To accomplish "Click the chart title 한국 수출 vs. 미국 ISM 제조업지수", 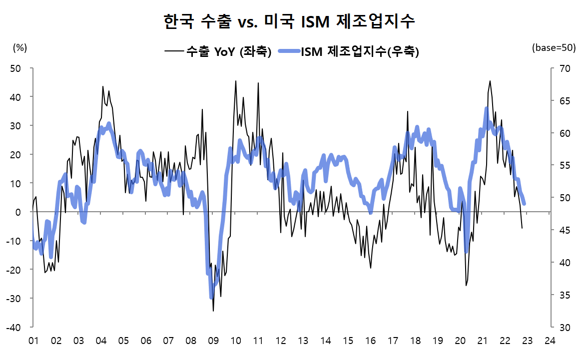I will tap(289, 21).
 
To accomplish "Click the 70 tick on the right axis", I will tap(560, 68).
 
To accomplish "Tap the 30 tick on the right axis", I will tap(560, 327).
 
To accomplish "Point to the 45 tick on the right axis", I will tap(560, 230).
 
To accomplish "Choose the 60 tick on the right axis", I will tap(560, 133).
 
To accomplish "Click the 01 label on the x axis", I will tap(33, 341).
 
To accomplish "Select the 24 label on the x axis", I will tap(550, 341).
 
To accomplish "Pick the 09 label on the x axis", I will tap(213, 341).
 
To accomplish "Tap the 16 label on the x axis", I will tap(370, 341).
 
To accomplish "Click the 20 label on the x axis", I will tap(460, 341).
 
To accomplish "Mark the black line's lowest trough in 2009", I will tap(213, 311).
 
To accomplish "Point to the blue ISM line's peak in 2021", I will tap(486, 108).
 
